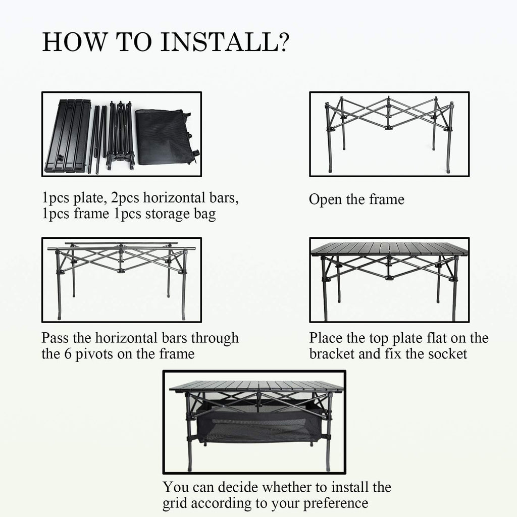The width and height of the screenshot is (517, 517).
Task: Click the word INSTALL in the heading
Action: coord(219,42)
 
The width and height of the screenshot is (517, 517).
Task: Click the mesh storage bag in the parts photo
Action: coord(163,136)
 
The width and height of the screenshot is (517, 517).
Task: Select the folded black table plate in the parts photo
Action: coord(68,135)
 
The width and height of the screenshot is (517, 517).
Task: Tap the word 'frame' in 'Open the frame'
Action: coord(386,199)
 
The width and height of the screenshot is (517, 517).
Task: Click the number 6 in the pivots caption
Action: coord(67,354)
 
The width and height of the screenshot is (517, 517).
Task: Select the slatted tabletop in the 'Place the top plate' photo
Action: coord(389,249)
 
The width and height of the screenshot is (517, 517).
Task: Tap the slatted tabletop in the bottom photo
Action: coord(256,386)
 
